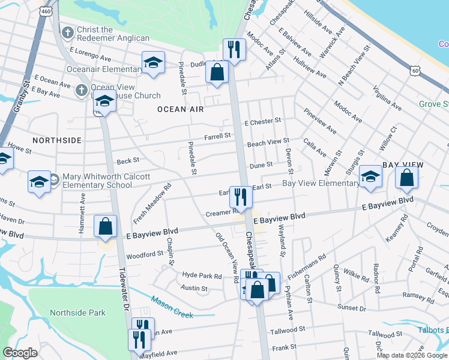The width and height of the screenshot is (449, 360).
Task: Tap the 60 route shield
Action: [415, 70]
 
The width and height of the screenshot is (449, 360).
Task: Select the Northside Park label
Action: [77, 313]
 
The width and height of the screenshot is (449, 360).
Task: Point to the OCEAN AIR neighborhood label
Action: [181, 109]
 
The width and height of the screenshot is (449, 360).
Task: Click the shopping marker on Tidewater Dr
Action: [106, 227]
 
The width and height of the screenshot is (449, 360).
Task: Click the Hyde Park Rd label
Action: [202, 275]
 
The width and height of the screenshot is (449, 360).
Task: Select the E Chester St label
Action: [262, 121]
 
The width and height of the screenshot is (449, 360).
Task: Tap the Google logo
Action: [20, 353]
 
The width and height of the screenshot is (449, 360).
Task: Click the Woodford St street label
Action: [145, 254]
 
